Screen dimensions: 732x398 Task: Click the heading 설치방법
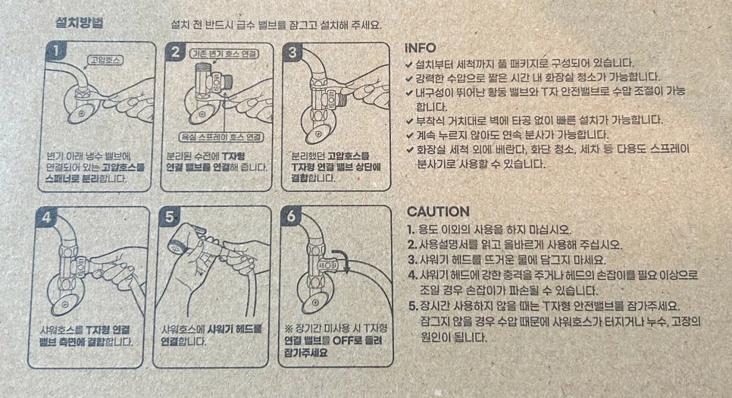(79, 23)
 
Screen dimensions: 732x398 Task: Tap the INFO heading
(420, 48)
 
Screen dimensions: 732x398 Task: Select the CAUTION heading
(438, 212)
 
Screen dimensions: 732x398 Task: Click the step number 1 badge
(56, 52)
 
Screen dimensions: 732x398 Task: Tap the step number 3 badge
(292, 52)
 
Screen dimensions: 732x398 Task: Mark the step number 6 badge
(292, 216)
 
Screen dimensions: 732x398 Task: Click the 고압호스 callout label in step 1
(105, 60)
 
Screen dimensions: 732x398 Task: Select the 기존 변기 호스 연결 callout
(225, 53)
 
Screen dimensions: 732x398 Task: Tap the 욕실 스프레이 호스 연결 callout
(222, 137)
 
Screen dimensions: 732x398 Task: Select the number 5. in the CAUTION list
(413, 306)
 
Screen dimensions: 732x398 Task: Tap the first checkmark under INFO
(409, 64)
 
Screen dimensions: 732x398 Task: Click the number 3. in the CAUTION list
(412, 260)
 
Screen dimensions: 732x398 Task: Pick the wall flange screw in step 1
(81, 114)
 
